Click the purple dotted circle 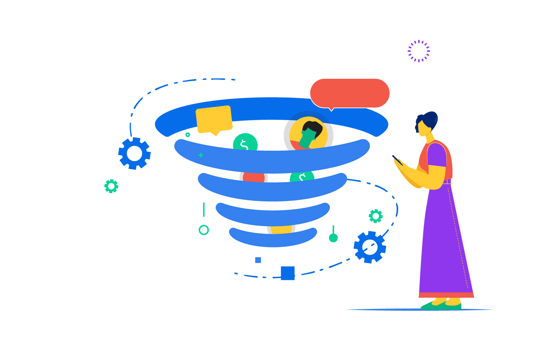[x=419, y=51]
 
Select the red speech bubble [x=350, y=93]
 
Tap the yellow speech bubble [x=214, y=119]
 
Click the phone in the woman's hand [x=397, y=160]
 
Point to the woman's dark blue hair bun [x=430, y=118]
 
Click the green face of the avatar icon [x=308, y=138]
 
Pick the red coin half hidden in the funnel [x=254, y=177]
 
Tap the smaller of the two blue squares [x=258, y=260]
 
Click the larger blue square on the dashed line [x=287, y=273]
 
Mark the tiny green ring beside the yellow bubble [x=188, y=135]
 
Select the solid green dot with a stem [x=333, y=238]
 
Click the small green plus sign [x=201, y=155]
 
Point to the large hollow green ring [x=204, y=230]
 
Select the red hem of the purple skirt [x=446, y=295]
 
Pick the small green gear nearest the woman [x=376, y=216]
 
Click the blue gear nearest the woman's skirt [x=370, y=247]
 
